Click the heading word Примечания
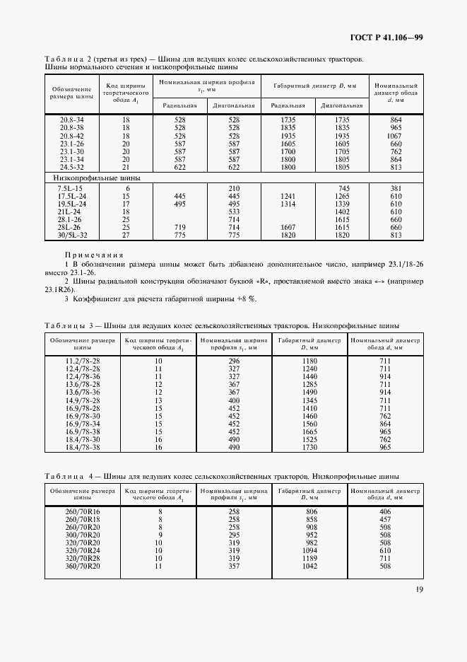click(94, 255)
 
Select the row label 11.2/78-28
click(82, 361)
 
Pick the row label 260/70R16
click(82, 512)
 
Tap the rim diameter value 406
click(385, 512)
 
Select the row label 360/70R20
click(82, 567)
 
